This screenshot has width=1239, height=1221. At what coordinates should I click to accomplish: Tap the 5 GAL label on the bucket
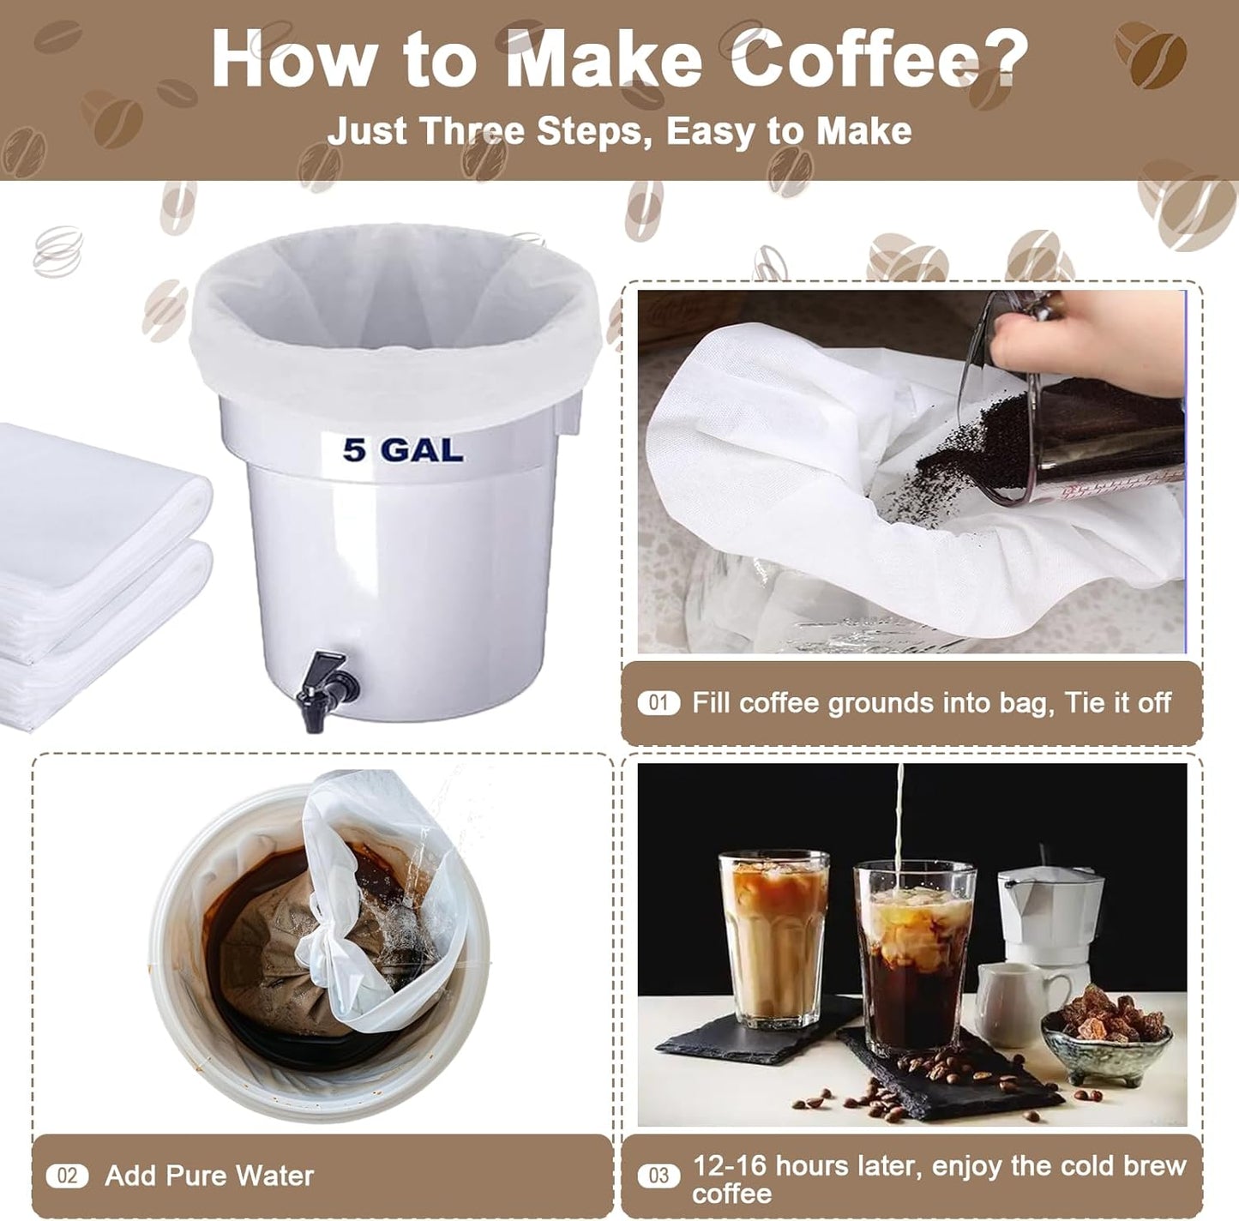[x=402, y=450]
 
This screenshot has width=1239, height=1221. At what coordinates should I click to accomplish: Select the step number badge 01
[x=658, y=703]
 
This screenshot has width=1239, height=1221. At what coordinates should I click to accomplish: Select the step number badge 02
[x=67, y=1176]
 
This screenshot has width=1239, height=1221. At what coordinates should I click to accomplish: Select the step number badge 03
[x=658, y=1176]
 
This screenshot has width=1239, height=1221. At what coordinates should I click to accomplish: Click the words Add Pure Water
[x=209, y=1176]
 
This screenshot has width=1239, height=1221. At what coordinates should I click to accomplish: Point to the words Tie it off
[x=1117, y=703]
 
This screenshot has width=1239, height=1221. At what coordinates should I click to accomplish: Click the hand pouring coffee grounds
[x=1080, y=343]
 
